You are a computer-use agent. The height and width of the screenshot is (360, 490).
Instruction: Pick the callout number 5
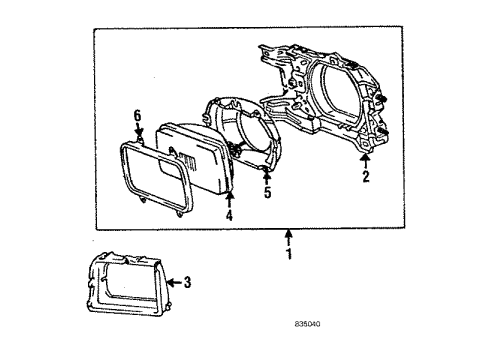pos(267,193)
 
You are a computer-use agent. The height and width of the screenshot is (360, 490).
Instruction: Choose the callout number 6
pos(138,119)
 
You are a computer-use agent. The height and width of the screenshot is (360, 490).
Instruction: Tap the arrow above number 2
pos(366,160)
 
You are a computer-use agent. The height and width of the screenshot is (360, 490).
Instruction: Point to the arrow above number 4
pos(229,198)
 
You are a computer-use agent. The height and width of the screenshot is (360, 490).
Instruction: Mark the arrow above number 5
pos(267,177)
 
